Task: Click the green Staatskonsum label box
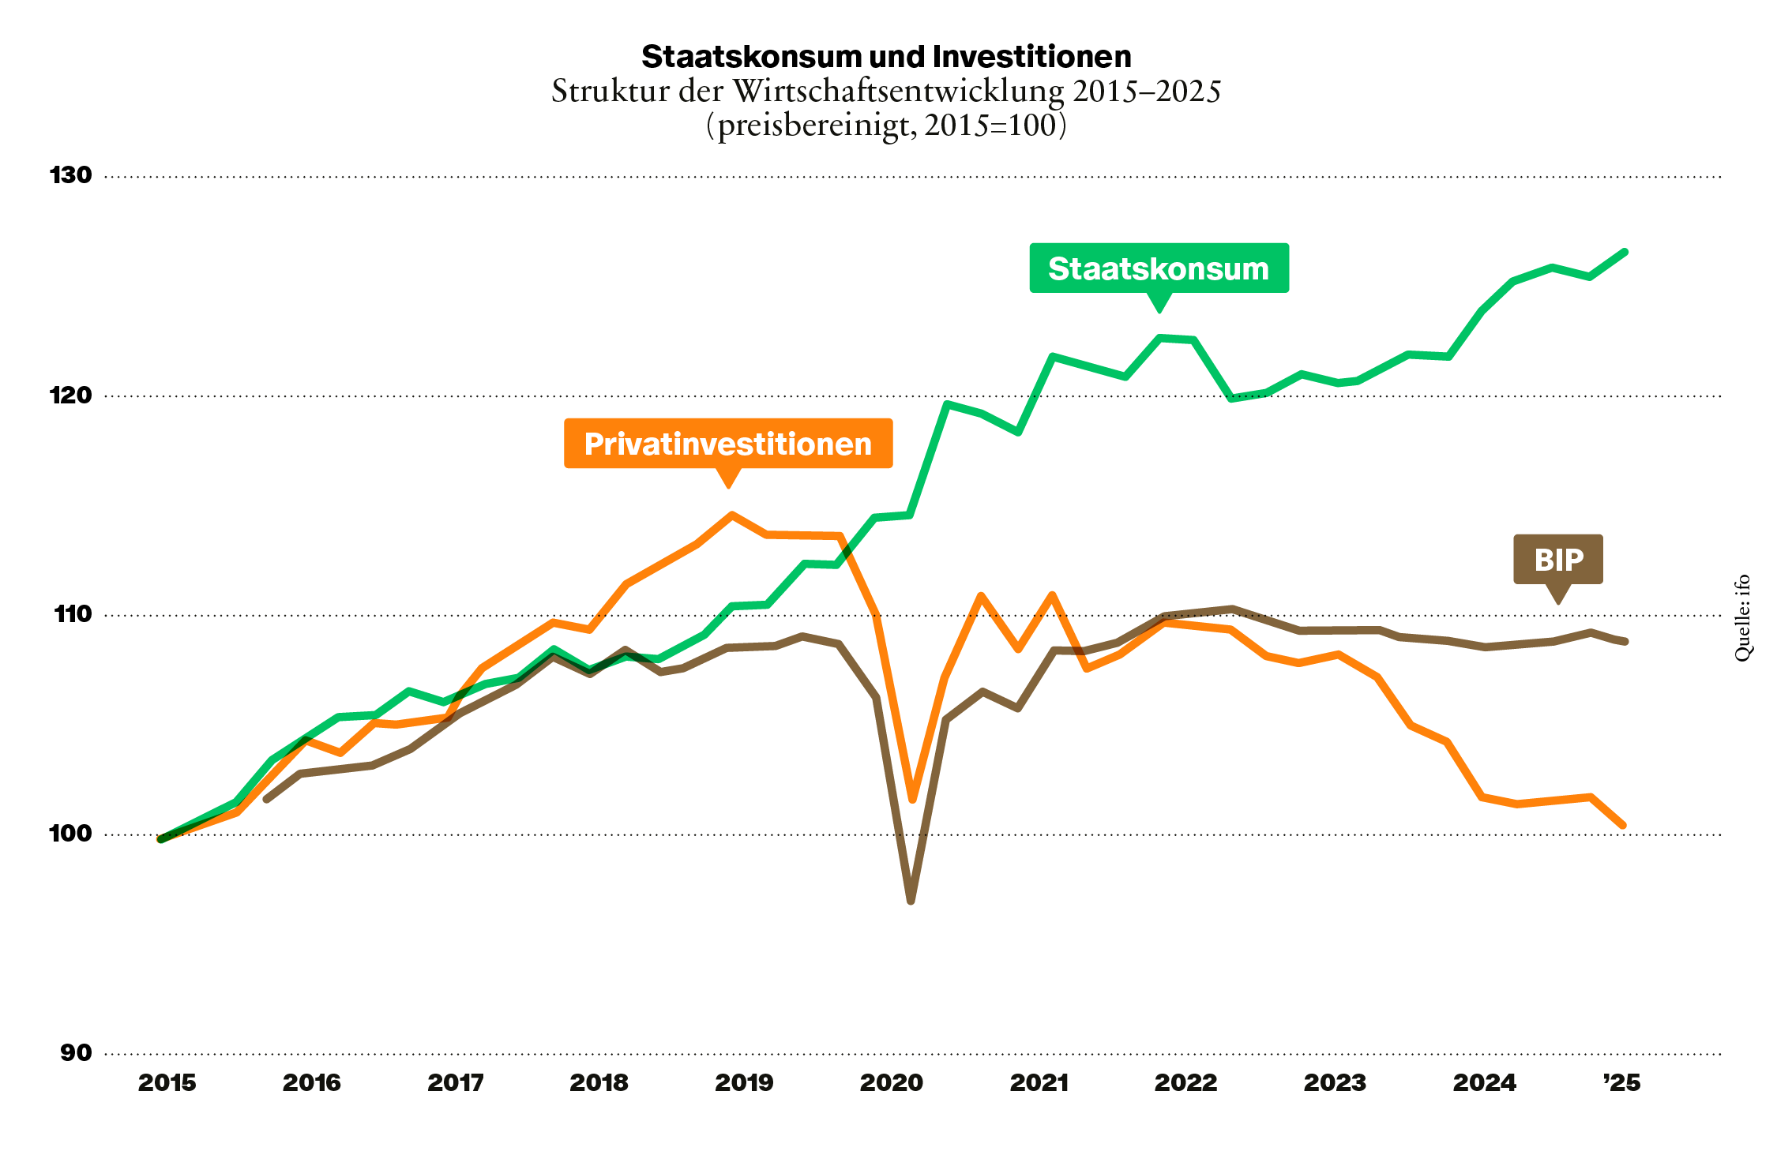point(1159,268)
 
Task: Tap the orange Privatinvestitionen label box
point(727,444)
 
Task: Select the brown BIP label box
point(1557,560)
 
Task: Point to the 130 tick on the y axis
point(71,175)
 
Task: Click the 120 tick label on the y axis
point(71,395)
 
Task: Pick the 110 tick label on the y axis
point(73,614)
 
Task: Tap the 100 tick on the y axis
point(71,834)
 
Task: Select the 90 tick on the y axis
point(76,1053)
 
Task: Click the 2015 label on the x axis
point(167,1083)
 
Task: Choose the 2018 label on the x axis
point(599,1083)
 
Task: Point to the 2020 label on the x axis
point(891,1083)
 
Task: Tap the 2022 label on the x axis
point(1185,1083)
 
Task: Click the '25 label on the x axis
point(1622,1083)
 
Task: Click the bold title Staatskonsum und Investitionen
point(886,57)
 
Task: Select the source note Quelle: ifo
point(1742,618)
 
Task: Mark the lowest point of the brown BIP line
point(911,900)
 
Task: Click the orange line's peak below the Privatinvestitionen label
point(732,515)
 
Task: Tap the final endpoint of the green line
point(1625,252)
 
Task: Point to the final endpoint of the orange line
point(1623,826)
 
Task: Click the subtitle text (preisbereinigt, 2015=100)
point(886,126)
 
